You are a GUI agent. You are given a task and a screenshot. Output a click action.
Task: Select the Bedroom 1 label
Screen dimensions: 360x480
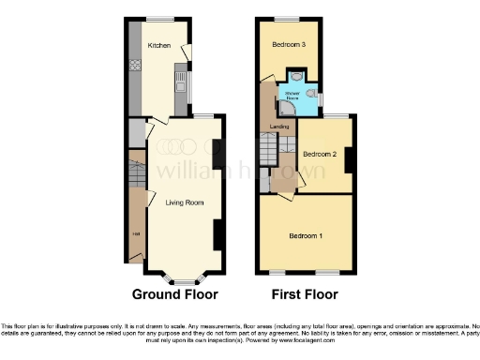306,233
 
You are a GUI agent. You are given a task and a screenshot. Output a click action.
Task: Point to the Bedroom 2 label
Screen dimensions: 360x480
321,154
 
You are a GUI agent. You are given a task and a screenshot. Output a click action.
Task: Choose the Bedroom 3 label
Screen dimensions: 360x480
290,44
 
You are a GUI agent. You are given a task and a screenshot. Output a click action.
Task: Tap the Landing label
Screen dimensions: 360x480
279,125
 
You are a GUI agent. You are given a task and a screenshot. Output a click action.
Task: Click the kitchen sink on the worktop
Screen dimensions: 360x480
177,89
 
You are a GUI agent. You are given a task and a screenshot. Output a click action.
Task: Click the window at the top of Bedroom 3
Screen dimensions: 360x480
287,19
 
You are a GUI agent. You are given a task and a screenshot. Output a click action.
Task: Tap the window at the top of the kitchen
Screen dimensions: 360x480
158,19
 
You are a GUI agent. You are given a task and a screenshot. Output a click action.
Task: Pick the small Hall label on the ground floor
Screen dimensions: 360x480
135,233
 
